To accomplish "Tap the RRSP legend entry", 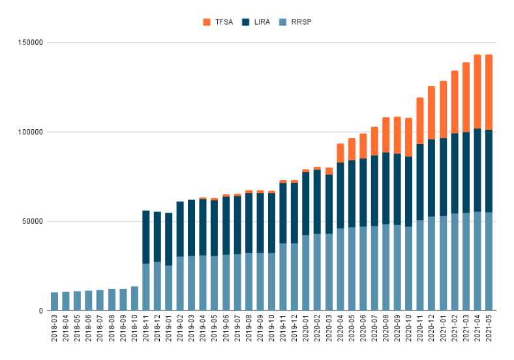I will click(x=300, y=22).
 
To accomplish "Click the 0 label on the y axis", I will click(x=40, y=310).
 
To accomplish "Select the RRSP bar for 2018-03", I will click(x=54, y=301).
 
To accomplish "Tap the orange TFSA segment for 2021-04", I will click(x=477, y=91).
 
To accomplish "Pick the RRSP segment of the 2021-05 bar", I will click(x=489, y=261).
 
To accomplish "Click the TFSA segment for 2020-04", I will click(x=340, y=153).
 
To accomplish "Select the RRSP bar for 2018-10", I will click(x=134, y=298).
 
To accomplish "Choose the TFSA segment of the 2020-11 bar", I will click(x=420, y=121).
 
